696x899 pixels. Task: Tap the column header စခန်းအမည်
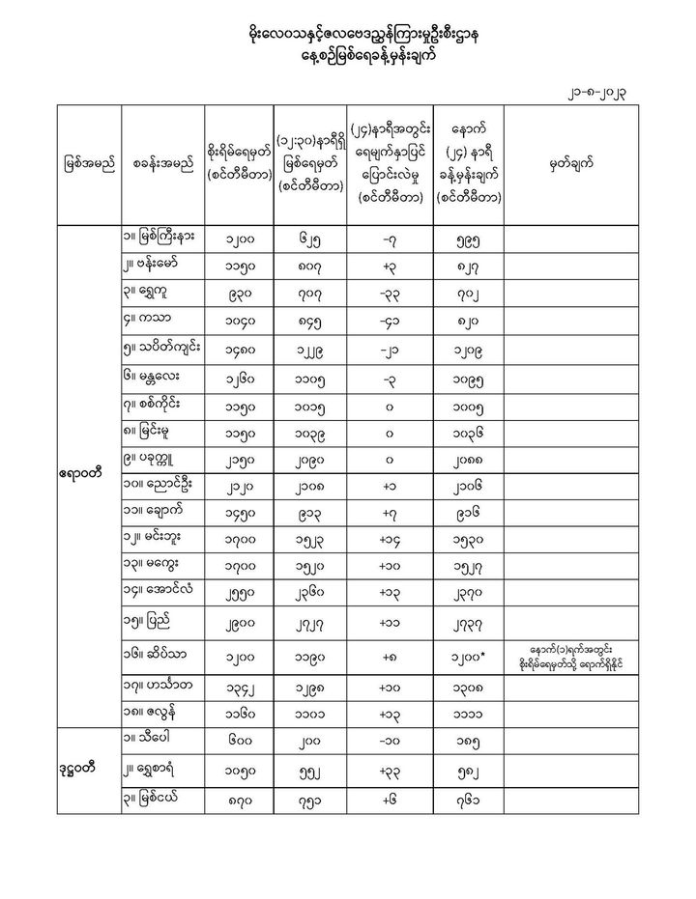pyautogui.click(x=160, y=163)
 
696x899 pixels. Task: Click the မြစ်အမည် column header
pyautogui.click(x=86, y=163)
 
